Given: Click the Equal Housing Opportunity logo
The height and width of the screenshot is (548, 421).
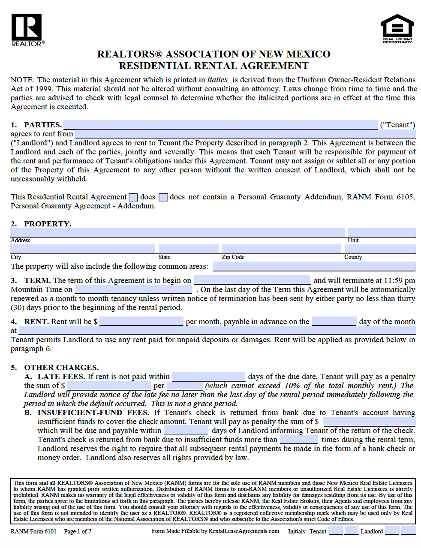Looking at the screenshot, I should pos(397,29).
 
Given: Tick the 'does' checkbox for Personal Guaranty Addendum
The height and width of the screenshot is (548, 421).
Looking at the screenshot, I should pos(133,197).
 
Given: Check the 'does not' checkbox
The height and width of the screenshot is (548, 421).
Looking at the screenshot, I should pos(163,197).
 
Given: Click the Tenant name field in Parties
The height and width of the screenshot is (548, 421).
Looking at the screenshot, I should pos(220,125).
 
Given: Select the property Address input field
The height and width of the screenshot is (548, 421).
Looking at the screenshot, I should pos(177,232).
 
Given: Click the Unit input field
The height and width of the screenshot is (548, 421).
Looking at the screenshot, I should pos(382,232).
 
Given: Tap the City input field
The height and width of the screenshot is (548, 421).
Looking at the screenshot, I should pos(82,249).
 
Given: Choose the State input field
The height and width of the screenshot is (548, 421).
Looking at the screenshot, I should pos(188,249).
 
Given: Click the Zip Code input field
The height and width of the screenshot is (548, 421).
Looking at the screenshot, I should pos(282,249).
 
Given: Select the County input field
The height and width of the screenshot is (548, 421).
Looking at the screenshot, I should pos(380,249).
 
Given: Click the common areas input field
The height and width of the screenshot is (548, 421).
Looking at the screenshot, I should pos(314,266).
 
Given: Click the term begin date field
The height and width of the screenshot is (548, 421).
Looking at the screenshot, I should pos(252,280).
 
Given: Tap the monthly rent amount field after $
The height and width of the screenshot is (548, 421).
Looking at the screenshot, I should pos(141,321).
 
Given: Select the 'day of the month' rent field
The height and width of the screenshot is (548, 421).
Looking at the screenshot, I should pos(334,321).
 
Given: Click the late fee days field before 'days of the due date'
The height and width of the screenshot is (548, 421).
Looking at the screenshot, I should pos(209,376).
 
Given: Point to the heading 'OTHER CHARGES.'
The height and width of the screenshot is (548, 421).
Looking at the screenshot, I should pos(61,367).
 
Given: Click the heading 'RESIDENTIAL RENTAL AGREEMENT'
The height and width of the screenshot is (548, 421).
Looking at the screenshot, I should pos(214,66).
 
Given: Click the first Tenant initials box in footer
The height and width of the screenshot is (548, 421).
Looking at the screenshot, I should pos(336,531).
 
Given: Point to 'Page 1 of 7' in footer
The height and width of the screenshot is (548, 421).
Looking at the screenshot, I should pos(78,531).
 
